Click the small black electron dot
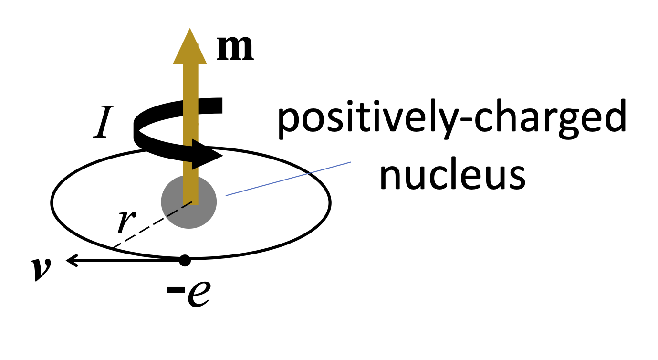click(185, 260)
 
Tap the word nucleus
click(452, 175)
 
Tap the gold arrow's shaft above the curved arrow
click(190, 76)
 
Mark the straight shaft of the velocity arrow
click(129, 260)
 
